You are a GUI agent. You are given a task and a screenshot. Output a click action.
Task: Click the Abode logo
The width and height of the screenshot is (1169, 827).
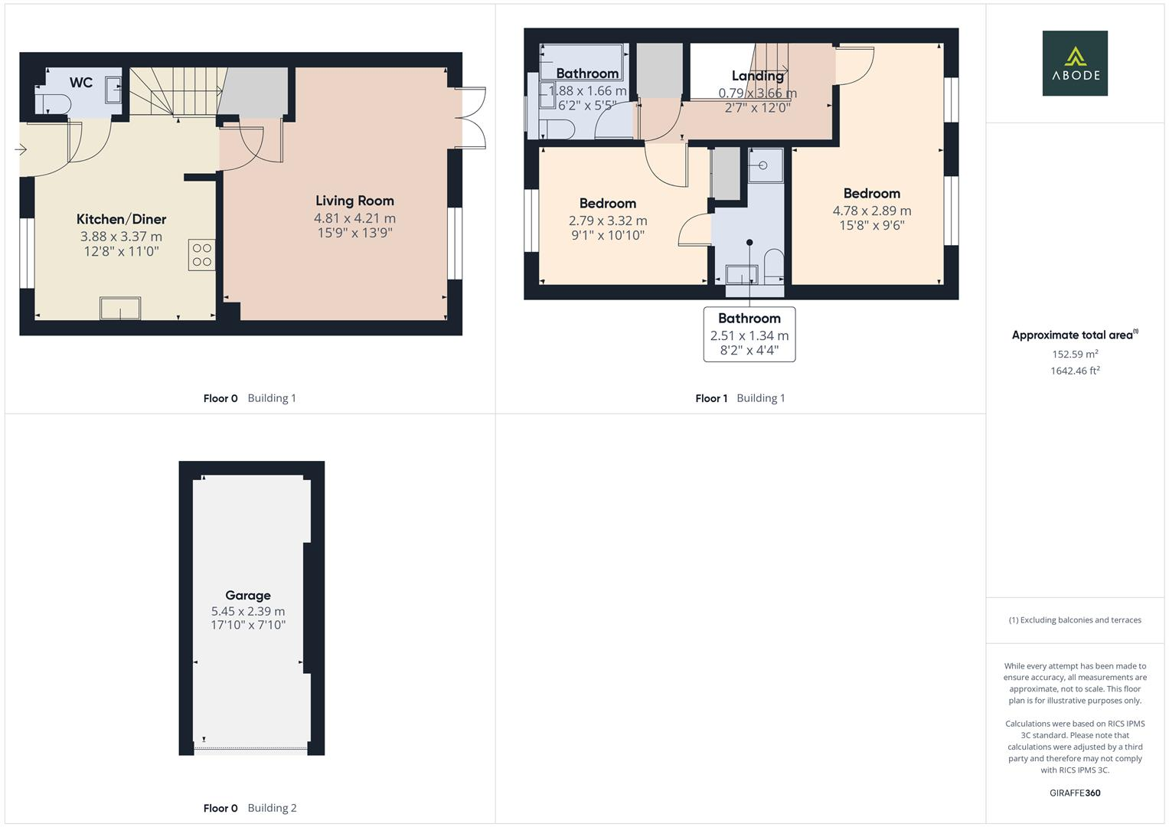click(x=1074, y=63)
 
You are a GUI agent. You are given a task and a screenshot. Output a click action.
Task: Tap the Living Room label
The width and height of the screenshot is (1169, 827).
click(x=354, y=201)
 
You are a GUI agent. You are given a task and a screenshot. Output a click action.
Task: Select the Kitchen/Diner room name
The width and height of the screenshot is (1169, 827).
click(x=121, y=219)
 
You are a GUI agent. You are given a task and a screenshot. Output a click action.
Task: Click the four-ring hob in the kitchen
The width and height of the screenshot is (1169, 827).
click(x=202, y=255)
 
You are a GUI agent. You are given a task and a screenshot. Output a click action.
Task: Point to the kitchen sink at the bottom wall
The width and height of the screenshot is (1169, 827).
click(x=120, y=309)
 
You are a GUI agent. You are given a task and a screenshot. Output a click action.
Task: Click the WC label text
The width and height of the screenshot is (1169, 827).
click(x=80, y=83)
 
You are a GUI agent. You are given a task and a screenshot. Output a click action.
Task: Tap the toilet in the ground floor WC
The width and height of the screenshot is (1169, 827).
click(x=53, y=105)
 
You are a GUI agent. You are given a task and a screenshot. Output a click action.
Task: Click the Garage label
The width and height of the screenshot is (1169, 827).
click(x=247, y=595)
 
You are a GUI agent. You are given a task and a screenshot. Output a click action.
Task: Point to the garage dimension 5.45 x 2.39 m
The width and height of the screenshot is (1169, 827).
click(x=247, y=611)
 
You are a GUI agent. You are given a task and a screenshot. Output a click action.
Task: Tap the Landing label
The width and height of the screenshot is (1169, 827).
click(x=757, y=75)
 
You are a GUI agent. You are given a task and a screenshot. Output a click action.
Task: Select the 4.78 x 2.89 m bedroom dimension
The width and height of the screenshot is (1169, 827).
click(x=871, y=211)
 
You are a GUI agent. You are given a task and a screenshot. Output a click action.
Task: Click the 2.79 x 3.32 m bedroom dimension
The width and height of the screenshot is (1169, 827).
click(x=607, y=221)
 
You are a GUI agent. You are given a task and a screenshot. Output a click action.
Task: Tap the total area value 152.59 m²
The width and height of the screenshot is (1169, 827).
click(x=1074, y=354)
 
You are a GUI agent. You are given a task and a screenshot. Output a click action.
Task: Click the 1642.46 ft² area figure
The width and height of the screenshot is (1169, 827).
click(x=1074, y=371)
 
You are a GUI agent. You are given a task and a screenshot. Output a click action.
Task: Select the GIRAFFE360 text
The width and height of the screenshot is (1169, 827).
click(x=1074, y=793)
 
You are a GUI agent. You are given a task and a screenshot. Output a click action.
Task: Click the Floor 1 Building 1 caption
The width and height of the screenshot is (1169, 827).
click(x=740, y=398)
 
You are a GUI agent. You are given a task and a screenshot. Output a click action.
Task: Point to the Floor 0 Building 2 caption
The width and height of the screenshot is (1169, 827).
click(x=250, y=808)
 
